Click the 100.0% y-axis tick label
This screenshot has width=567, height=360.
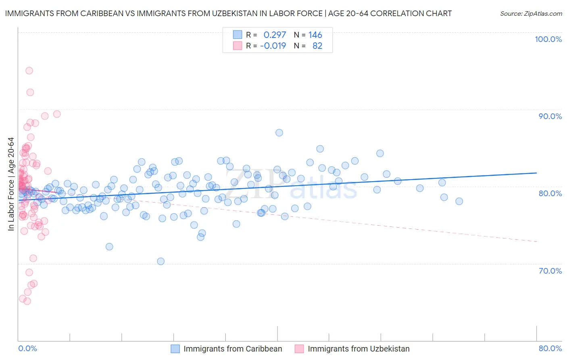(x=548, y=39)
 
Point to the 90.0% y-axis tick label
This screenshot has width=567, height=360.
(x=550, y=116)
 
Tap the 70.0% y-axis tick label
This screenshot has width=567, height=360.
(x=550, y=271)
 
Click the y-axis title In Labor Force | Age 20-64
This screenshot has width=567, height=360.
(x=11, y=184)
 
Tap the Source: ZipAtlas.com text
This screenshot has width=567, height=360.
(x=531, y=14)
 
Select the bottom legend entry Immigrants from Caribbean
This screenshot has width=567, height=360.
(x=233, y=349)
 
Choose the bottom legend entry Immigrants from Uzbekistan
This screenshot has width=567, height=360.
(x=359, y=349)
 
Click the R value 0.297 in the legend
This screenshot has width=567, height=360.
(x=275, y=35)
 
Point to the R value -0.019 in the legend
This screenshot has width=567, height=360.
(x=273, y=46)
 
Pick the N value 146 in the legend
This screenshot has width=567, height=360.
(x=315, y=35)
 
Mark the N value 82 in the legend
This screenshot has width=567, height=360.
(x=317, y=46)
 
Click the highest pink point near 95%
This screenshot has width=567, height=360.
(x=29, y=71)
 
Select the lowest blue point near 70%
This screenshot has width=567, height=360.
(x=161, y=261)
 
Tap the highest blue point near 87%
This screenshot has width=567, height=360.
(x=279, y=133)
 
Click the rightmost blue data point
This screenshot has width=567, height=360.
(x=459, y=201)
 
